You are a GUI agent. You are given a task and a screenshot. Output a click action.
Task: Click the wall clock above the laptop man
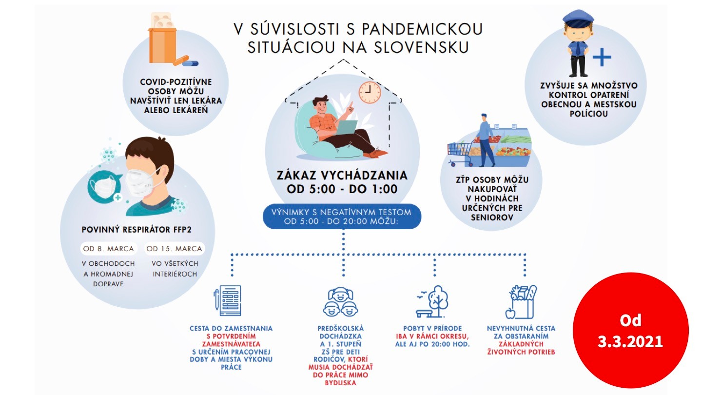pos(370,93)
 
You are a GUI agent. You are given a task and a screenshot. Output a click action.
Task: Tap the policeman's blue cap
pos(578,18)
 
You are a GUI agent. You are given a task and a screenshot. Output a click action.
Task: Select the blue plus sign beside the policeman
pos(602,58)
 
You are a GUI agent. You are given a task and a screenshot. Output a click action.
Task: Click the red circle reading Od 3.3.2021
pos(630,331)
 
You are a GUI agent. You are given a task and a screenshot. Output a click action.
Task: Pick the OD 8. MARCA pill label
pos(108,249)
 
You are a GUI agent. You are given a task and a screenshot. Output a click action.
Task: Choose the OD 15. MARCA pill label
pos(174,249)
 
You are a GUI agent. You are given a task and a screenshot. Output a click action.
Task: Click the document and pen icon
pos(228,300)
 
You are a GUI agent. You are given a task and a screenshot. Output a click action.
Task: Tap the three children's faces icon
pos(341,301)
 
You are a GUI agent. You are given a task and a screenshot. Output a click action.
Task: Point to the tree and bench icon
pos(432,301)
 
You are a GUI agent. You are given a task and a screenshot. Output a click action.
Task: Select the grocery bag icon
pos(521,302)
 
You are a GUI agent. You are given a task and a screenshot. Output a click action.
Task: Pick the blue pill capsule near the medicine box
pos(190,63)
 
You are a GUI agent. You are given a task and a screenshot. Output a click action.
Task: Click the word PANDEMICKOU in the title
pos(423,29)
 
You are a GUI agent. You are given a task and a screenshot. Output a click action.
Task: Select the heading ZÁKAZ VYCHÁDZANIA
pos(342,175)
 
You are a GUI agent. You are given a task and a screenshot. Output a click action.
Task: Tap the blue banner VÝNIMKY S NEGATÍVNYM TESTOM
pos(342,217)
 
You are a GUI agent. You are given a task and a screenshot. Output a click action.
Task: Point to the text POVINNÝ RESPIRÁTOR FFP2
pos(136,230)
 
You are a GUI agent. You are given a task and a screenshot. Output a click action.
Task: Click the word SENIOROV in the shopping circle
pos(492,217)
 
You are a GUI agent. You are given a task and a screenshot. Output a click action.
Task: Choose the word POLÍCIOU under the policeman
pos(588,114)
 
